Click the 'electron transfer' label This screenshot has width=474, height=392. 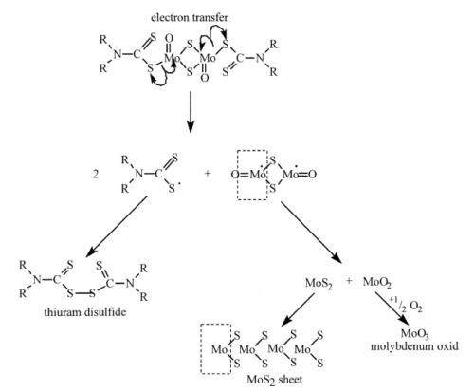190,17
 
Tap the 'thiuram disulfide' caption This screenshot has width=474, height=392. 85,312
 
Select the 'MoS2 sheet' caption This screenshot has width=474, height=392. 274,379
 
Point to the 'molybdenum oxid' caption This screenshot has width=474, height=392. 414,346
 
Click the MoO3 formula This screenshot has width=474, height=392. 414,333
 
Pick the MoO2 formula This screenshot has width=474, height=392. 377,282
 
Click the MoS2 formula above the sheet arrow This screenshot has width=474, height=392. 319,283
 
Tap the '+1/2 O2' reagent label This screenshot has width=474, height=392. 406,305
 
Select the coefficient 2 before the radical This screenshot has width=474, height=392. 96,174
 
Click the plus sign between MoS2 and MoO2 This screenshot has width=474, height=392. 349,281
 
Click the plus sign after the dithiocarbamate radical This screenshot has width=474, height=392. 208,174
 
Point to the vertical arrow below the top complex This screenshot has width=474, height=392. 190,112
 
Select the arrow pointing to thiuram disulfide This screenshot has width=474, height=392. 117,226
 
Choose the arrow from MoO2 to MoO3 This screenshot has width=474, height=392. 392,308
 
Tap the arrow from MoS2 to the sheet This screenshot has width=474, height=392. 298,310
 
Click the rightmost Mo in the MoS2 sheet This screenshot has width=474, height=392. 302,349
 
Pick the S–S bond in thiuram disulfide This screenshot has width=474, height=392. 82,293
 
